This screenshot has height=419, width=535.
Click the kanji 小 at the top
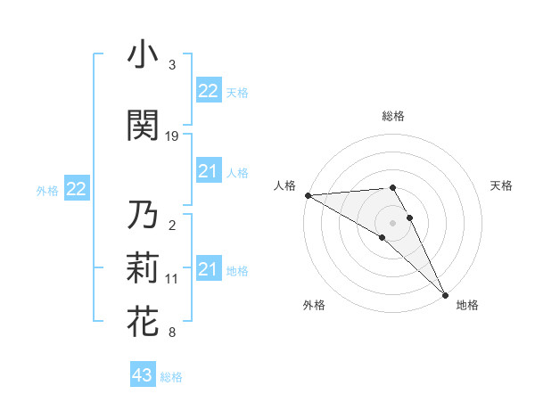click(x=143, y=55)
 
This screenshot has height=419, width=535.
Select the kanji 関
click(x=143, y=125)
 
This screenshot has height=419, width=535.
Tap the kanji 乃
click(x=143, y=216)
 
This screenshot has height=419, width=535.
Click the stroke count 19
click(x=172, y=136)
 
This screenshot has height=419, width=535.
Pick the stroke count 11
click(x=172, y=279)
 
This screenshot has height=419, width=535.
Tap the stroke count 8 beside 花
click(x=172, y=333)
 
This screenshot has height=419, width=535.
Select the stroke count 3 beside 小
click(x=172, y=65)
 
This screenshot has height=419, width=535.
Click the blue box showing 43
click(x=142, y=375)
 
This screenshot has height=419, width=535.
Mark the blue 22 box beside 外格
click(x=77, y=189)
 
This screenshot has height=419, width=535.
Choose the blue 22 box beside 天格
click(x=208, y=91)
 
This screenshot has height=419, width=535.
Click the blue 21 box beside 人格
click(x=208, y=171)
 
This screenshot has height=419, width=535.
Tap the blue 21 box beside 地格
click(x=208, y=269)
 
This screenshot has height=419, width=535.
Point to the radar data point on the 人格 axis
click(x=308, y=195)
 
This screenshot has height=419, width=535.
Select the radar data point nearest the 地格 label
click(x=444, y=293)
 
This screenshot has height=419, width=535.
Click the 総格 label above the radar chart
click(x=393, y=116)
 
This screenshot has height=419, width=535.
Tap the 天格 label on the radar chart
click(x=501, y=185)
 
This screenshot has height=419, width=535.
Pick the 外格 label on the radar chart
click(x=314, y=306)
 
